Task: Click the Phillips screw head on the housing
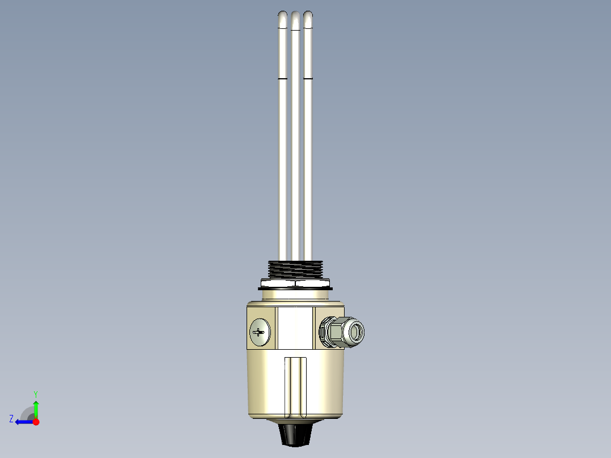260,332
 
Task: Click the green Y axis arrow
36,408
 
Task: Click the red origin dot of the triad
36,422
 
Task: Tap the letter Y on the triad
35,394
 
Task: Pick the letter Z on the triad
11,419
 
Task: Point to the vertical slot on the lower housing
295,385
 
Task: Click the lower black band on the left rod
282,78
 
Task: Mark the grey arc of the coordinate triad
27,412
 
